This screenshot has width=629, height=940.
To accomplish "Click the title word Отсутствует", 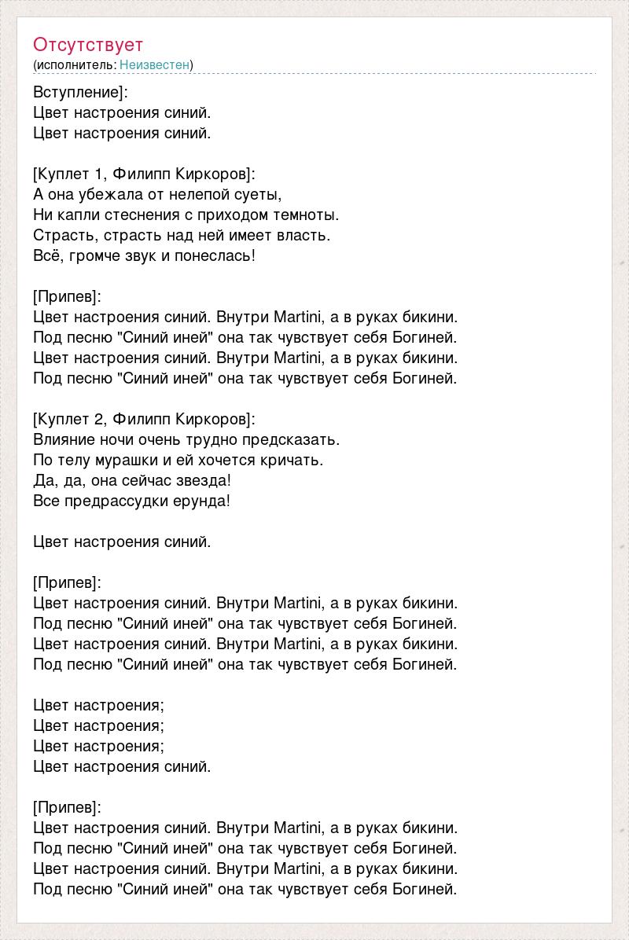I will pos(88,45).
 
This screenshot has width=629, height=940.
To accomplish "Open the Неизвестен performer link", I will pos(155,64).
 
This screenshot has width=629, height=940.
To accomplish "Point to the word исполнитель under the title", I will pos(75,64).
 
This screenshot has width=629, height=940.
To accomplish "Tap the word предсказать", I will pos(292,439).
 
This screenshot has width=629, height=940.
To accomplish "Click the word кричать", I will pos(292,460).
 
